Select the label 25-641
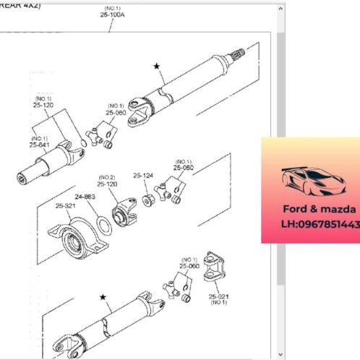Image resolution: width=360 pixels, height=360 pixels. [x=39, y=145]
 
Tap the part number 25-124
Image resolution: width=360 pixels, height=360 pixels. [x=142, y=175]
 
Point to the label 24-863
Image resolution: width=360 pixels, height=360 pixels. [x=84, y=196]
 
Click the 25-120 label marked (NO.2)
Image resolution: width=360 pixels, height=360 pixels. [x=107, y=184]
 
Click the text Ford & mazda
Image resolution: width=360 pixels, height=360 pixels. [x=310, y=208]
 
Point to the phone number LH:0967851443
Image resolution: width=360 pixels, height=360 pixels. [x=319, y=224]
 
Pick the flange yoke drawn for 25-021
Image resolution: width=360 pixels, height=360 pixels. [x=215, y=269]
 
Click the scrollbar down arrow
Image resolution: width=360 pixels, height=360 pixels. [x=280, y=354]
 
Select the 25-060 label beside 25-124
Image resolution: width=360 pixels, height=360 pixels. [x=184, y=168]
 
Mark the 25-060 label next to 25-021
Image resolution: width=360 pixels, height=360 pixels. [x=189, y=266]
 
